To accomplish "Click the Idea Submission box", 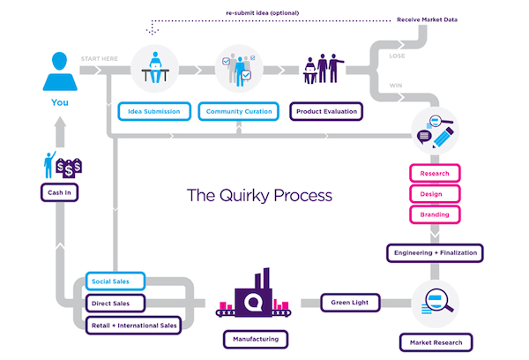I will [x=155, y=112].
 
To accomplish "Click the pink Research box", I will [x=434, y=174].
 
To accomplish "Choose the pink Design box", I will [x=434, y=194].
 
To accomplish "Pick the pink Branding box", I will [x=434, y=214].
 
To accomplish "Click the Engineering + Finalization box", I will [x=434, y=253].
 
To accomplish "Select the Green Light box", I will [x=350, y=303].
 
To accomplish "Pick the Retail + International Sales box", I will [x=133, y=326].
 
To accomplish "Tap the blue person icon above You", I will [x=58, y=70].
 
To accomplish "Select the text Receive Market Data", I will [x=451, y=18].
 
